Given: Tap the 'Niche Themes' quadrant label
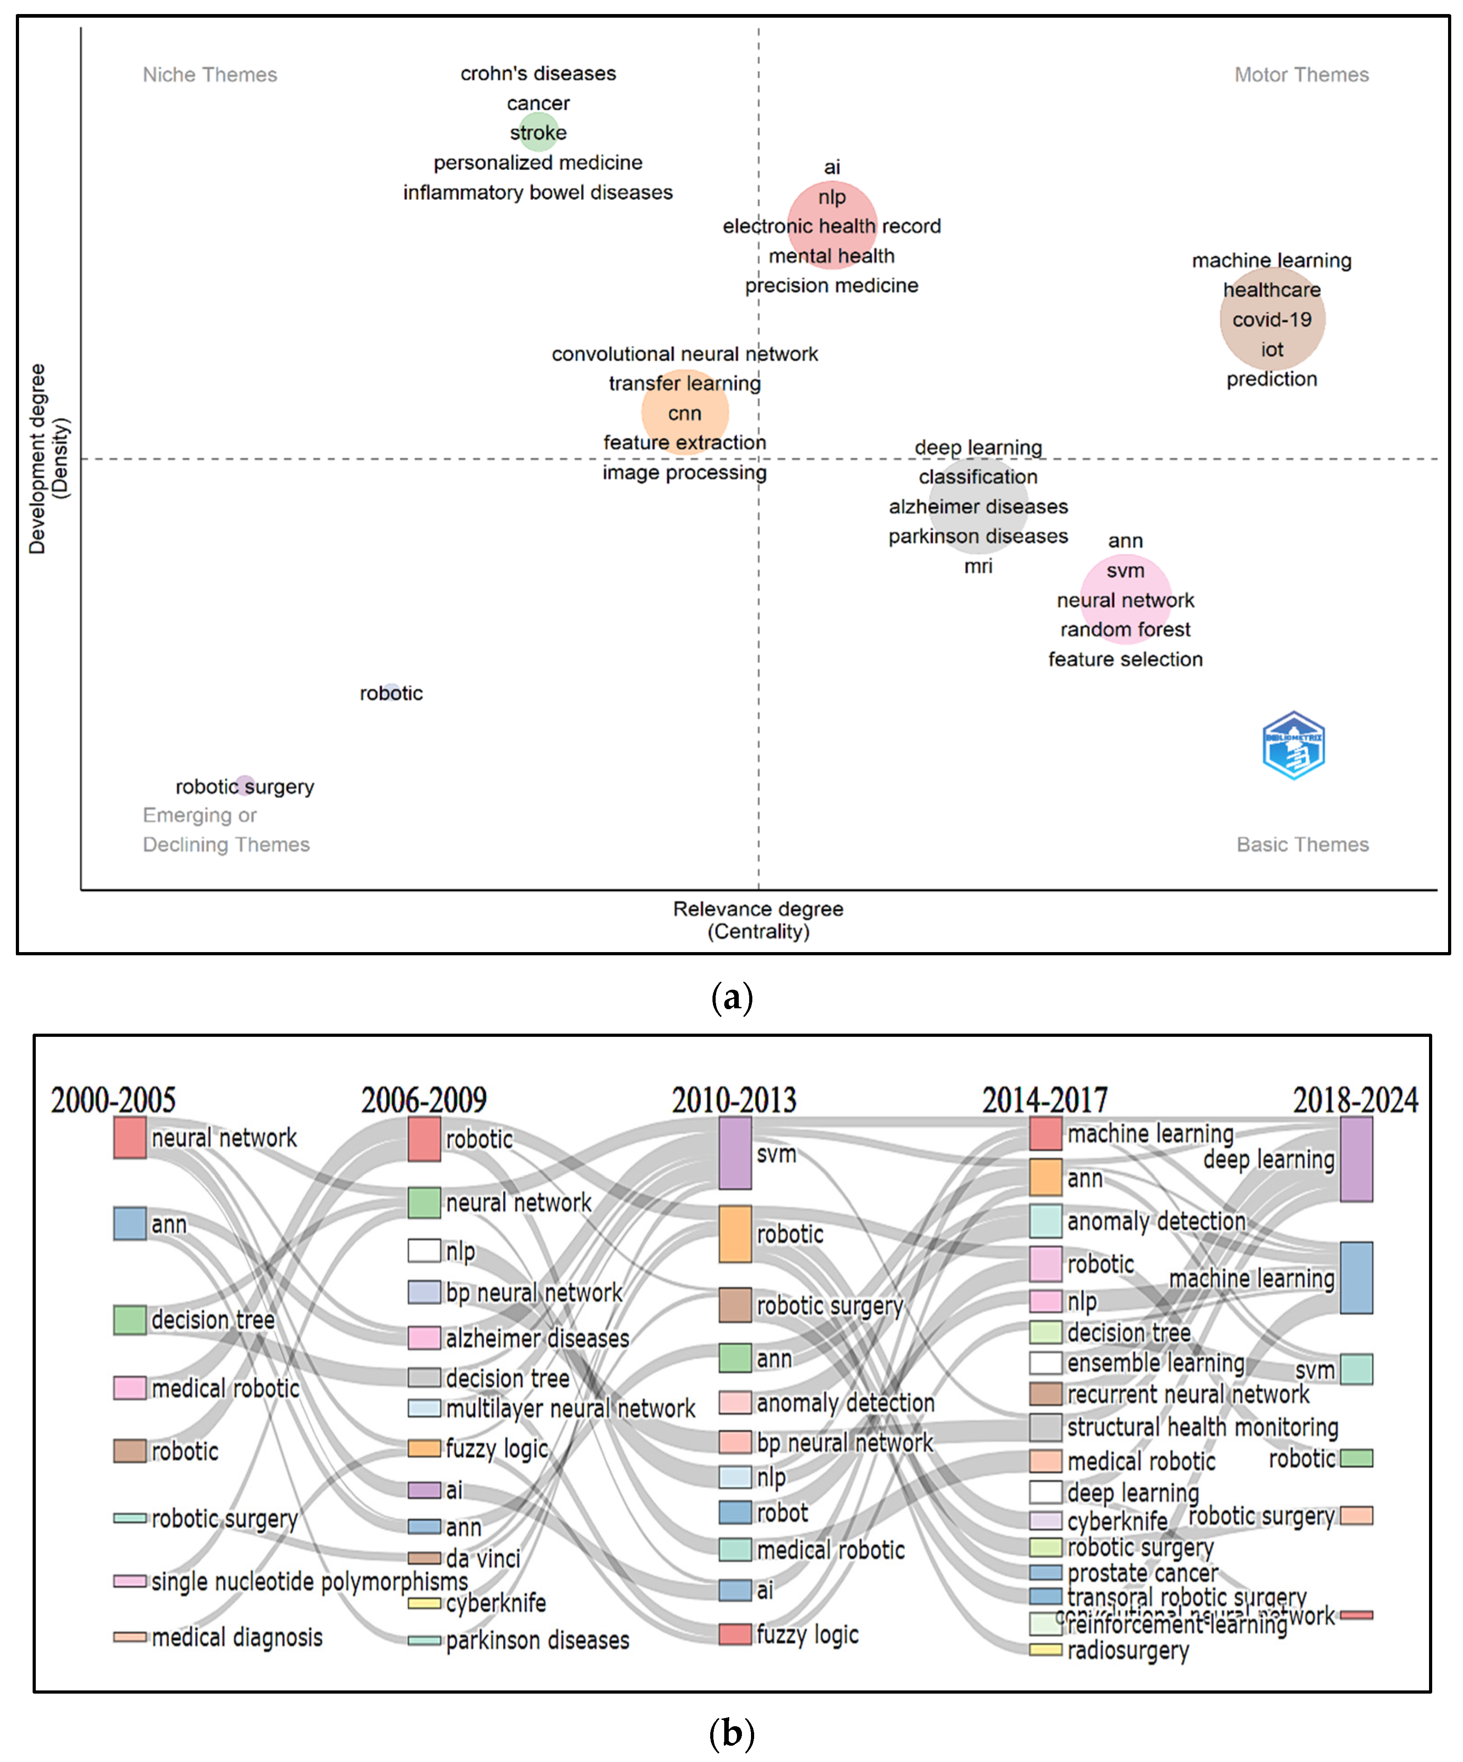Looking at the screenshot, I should pyautogui.click(x=210, y=75).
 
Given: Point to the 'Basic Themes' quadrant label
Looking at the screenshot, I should pyautogui.click(x=1302, y=844).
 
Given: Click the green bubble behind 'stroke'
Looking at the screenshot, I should pyautogui.click(x=538, y=132).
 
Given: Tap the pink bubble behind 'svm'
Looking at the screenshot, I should pyautogui.click(x=1125, y=598).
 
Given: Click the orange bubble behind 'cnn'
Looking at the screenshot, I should pyautogui.click(x=684, y=412).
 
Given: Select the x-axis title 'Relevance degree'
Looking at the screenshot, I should pyautogui.click(x=757, y=909).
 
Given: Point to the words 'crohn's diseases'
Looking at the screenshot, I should pyautogui.click(x=538, y=74).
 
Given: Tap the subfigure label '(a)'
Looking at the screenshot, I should pyautogui.click(x=731, y=997).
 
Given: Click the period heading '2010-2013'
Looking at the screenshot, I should pyautogui.click(x=734, y=1100).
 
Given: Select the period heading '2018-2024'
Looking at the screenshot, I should pyautogui.click(x=1355, y=1100).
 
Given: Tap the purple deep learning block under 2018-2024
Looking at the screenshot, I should pyautogui.click(x=1356, y=1159).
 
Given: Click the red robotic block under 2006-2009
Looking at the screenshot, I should pyautogui.click(x=423, y=1139).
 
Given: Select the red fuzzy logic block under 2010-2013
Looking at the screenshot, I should pyautogui.click(x=735, y=1634).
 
